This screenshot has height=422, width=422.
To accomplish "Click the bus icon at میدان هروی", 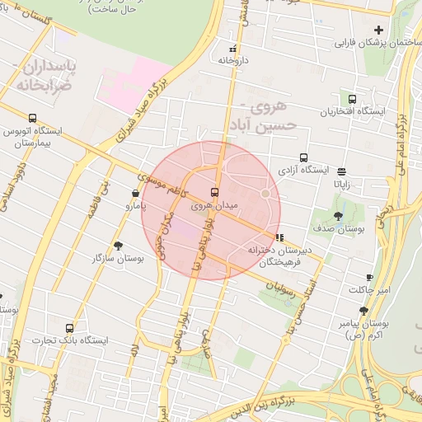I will pyautogui.click(x=215, y=192).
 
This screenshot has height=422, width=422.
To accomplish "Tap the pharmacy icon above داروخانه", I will pyautogui.click(x=233, y=49).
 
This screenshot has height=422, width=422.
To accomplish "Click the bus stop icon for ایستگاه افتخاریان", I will pyautogui.click(x=353, y=100).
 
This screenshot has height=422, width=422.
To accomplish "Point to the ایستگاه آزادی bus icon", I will pyautogui.click(x=303, y=157).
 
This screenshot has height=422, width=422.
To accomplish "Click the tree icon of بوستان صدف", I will pyautogui.click(x=338, y=216).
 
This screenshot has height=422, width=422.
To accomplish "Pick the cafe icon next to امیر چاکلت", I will pyautogui.click(x=369, y=277).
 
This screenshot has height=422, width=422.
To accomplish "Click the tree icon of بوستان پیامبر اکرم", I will pyautogui.click(x=363, y=311).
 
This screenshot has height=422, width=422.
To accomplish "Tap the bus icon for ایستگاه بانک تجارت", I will pyautogui.click(x=68, y=328).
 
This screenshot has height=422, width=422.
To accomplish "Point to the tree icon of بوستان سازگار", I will pyautogui.click(x=118, y=246).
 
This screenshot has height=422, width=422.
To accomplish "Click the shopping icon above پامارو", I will pyautogui.click(x=134, y=194).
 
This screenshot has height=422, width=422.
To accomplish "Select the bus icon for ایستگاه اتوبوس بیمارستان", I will pyautogui.click(x=32, y=118).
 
